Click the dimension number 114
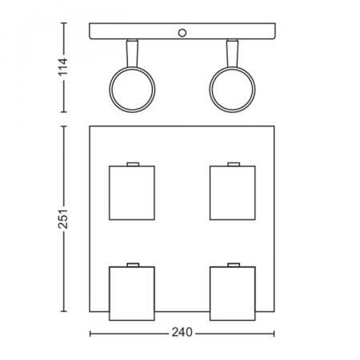coord(63,66)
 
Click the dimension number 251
coord(63,219)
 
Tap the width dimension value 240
coord(182,332)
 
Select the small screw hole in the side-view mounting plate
coord(182,33)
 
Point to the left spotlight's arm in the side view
coord(132,54)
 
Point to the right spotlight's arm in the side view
coord(232,54)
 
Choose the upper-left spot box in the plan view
coord(132,193)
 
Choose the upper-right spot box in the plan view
coord(233,193)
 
